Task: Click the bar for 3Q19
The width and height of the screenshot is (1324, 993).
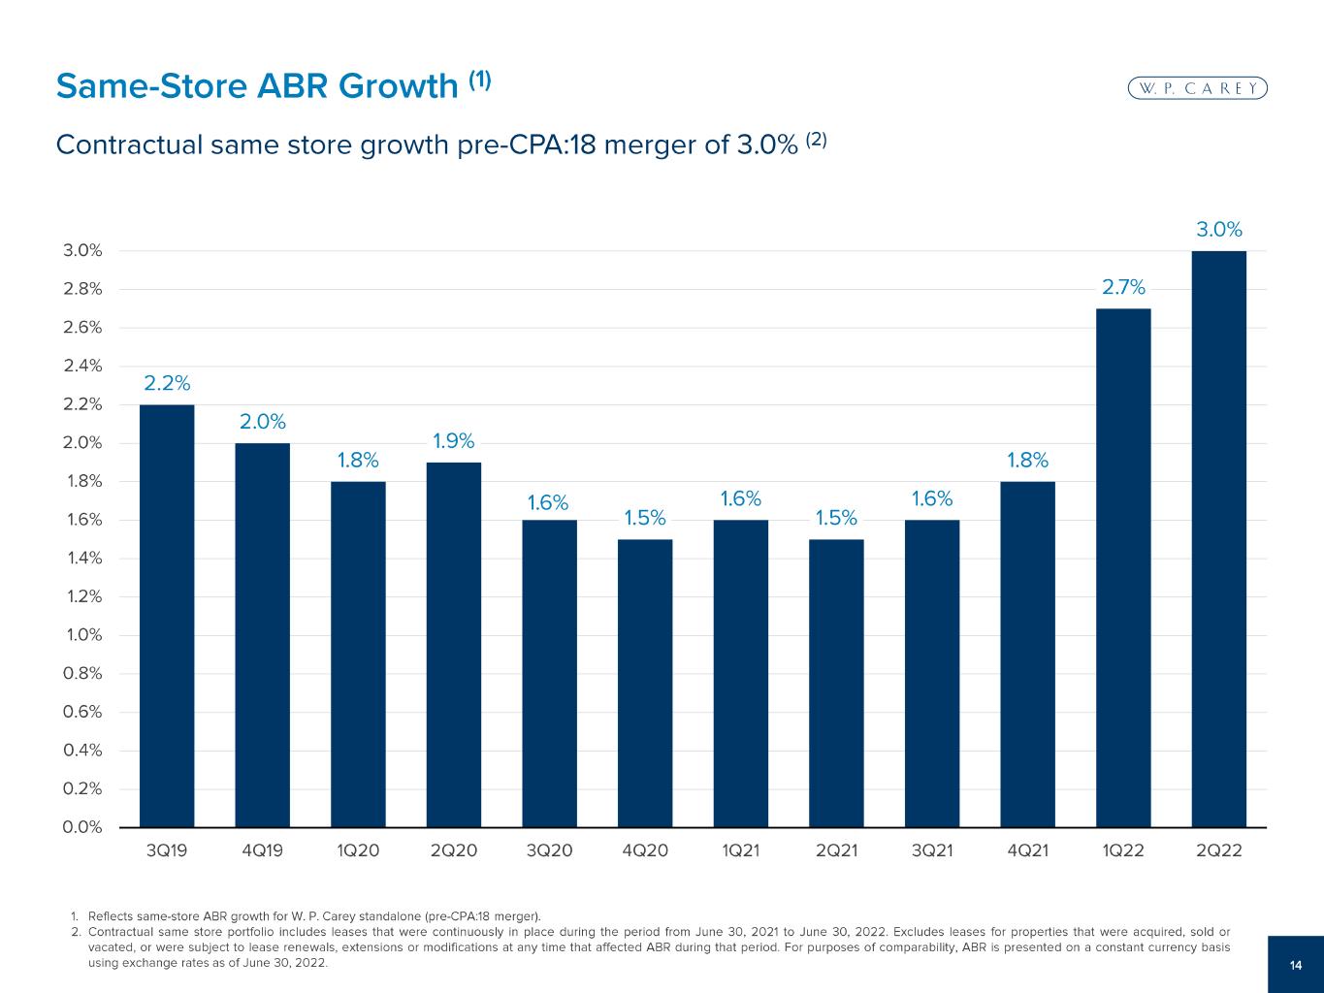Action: point(167,616)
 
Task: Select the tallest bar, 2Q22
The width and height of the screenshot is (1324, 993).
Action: point(1219,538)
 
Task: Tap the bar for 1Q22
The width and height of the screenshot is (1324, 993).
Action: point(1123,567)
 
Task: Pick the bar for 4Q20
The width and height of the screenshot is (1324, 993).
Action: point(645,683)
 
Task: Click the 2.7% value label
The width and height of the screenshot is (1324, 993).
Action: point(1123,287)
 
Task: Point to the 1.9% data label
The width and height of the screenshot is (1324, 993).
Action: point(454,441)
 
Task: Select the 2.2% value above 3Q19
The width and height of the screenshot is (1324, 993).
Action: point(167,384)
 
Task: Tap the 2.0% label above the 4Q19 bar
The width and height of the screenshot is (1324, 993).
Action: point(263,422)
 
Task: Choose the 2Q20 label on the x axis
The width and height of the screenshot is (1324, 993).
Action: point(454,851)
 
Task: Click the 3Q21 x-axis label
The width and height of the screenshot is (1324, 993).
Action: point(932,851)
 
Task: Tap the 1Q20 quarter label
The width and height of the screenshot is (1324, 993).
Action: point(358,851)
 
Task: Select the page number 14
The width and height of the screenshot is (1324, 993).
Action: point(1296,965)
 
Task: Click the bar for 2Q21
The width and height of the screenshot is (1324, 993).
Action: point(836,683)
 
